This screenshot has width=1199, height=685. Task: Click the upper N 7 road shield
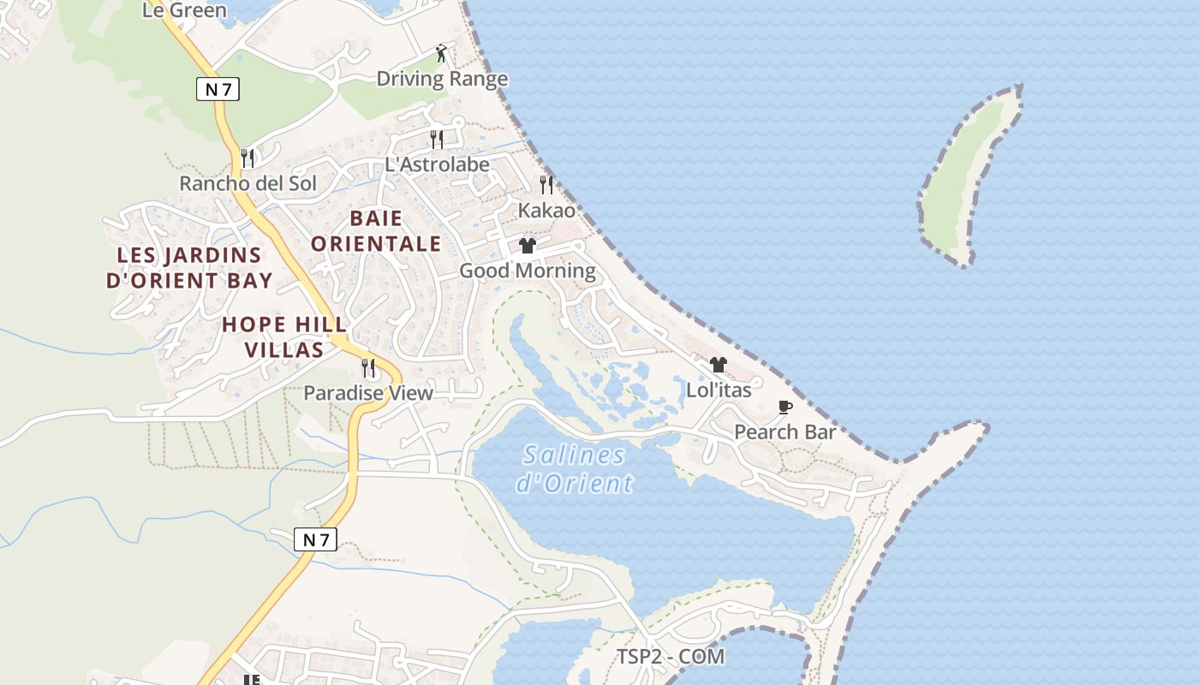click(218, 89)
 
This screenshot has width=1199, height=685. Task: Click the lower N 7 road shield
click(315, 539)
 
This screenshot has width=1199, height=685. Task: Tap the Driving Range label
click(442, 79)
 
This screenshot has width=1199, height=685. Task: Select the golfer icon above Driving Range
click(441, 53)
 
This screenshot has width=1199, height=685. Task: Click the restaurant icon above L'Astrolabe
click(437, 139)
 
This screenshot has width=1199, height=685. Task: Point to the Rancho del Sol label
click(248, 183)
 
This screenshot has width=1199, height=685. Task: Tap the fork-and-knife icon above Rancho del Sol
click(248, 158)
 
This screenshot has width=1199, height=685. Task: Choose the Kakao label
click(546, 210)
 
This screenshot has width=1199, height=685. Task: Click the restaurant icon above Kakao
click(546, 184)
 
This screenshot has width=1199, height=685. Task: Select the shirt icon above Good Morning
click(527, 246)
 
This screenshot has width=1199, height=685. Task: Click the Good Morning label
click(528, 271)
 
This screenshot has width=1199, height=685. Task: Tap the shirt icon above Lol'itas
click(719, 365)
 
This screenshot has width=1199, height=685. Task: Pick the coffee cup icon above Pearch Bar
click(784, 407)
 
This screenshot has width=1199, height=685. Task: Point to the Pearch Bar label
click(784, 432)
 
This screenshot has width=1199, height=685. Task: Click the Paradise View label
click(368, 393)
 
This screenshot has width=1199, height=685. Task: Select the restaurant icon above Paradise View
click(368, 367)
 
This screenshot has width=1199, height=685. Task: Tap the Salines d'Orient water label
click(575, 468)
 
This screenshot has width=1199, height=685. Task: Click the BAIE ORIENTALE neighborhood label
click(376, 230)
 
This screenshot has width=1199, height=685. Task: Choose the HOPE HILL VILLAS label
click(284, 337)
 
